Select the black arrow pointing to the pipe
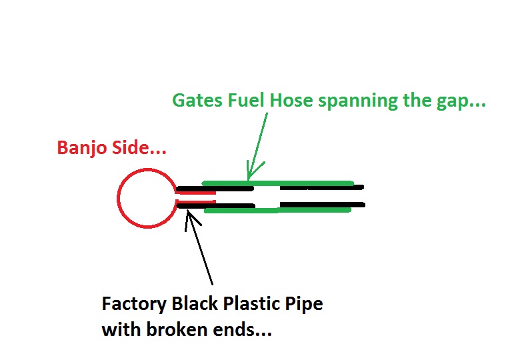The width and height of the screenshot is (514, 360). (x=201, y=247)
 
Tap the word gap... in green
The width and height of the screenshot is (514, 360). (x=463, y=101)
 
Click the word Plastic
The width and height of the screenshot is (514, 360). (x=246, y=304)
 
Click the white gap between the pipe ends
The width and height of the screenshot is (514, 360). (x=267, y=196)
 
